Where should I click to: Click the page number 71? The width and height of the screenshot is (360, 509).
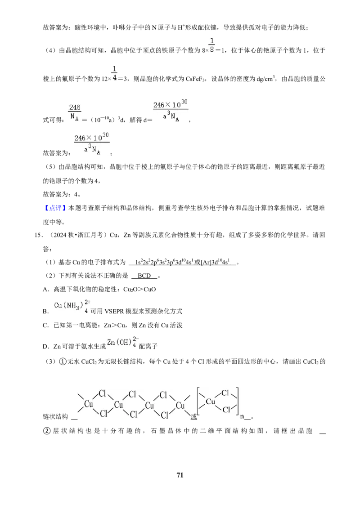tap(180, 475)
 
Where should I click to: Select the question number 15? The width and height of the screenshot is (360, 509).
tap(38, 235)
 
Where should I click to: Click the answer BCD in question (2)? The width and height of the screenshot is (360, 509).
tap(144, 276)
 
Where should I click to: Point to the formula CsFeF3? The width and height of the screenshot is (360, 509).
tap(196, 79)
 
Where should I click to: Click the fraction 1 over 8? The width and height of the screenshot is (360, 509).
tap(212, 45)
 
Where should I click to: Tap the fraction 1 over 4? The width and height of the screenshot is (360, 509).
tap(114, 74)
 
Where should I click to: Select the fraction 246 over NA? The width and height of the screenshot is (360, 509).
tap(75, 112)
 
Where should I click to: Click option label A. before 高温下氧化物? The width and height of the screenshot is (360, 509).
tap(46, 290)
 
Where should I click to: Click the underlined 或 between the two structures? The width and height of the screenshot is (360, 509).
tap(193, 416)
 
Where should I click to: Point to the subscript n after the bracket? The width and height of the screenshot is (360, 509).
tap(242, 416)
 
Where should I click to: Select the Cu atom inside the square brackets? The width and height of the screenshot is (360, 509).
tap(211, 402)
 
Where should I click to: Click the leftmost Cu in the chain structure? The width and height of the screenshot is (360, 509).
tap(89, 404)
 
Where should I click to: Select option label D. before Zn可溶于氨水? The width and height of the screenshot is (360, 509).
tap(46, 347)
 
